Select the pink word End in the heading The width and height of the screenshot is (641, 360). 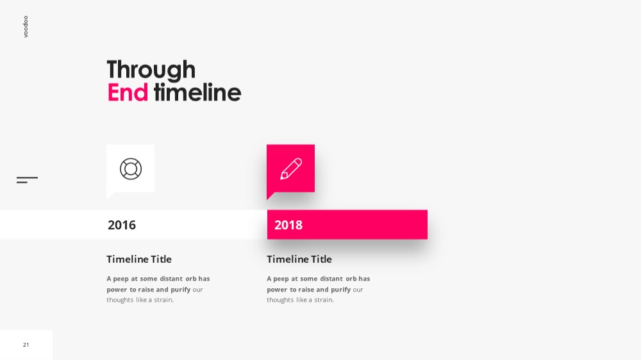point(128,92)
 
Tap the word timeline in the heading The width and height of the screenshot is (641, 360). point(197,92)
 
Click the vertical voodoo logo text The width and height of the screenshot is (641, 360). point(26,26)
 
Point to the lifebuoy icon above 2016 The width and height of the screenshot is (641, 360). point(131,168)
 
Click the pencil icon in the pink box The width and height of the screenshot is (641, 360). point(290,168)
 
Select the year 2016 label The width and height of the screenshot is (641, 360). point(122,225)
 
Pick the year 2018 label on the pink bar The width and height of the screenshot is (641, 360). point(288,225)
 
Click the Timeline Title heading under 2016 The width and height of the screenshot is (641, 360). point(139,259)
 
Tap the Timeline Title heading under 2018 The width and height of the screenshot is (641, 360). point(299,259)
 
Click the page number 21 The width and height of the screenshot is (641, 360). point(26,345)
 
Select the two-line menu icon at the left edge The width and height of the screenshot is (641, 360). point(27,180)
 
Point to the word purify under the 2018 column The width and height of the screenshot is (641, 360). point(340,290)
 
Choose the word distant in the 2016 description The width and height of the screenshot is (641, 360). point(171,279)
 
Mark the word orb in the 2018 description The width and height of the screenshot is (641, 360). point(351,279)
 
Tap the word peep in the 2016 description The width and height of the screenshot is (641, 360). point(121,279)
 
